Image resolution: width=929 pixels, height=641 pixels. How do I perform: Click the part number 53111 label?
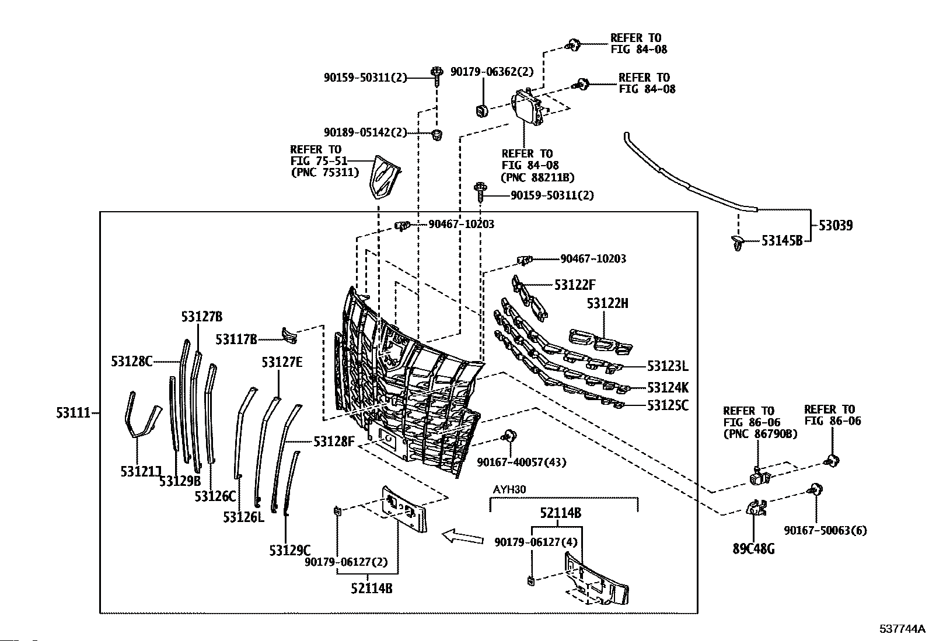(73, 413)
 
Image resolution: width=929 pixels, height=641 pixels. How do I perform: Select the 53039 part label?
(836, 226)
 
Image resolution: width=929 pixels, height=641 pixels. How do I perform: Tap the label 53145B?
(782, 240)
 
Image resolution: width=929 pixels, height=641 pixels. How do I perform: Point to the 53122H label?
(607, 303)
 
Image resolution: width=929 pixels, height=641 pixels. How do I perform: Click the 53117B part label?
(236, 339)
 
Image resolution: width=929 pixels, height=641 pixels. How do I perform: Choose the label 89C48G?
(753, 549)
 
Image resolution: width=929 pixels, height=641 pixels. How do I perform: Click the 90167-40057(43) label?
(521, 462)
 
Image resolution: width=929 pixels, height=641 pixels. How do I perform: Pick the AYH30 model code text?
(509, 490)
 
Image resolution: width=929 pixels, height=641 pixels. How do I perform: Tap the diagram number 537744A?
(903, 629)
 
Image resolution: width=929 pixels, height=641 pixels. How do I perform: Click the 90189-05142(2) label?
(365, 132)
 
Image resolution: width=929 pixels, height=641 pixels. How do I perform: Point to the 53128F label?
(334, 442)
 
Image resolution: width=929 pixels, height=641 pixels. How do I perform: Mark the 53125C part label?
(668, 405)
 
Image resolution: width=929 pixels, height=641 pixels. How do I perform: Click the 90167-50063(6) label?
(825, 530)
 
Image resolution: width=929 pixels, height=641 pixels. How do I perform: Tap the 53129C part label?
(290, 551)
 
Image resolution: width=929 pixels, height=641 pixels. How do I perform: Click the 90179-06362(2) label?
(492, 72)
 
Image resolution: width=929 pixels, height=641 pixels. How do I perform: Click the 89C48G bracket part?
(756, 508)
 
